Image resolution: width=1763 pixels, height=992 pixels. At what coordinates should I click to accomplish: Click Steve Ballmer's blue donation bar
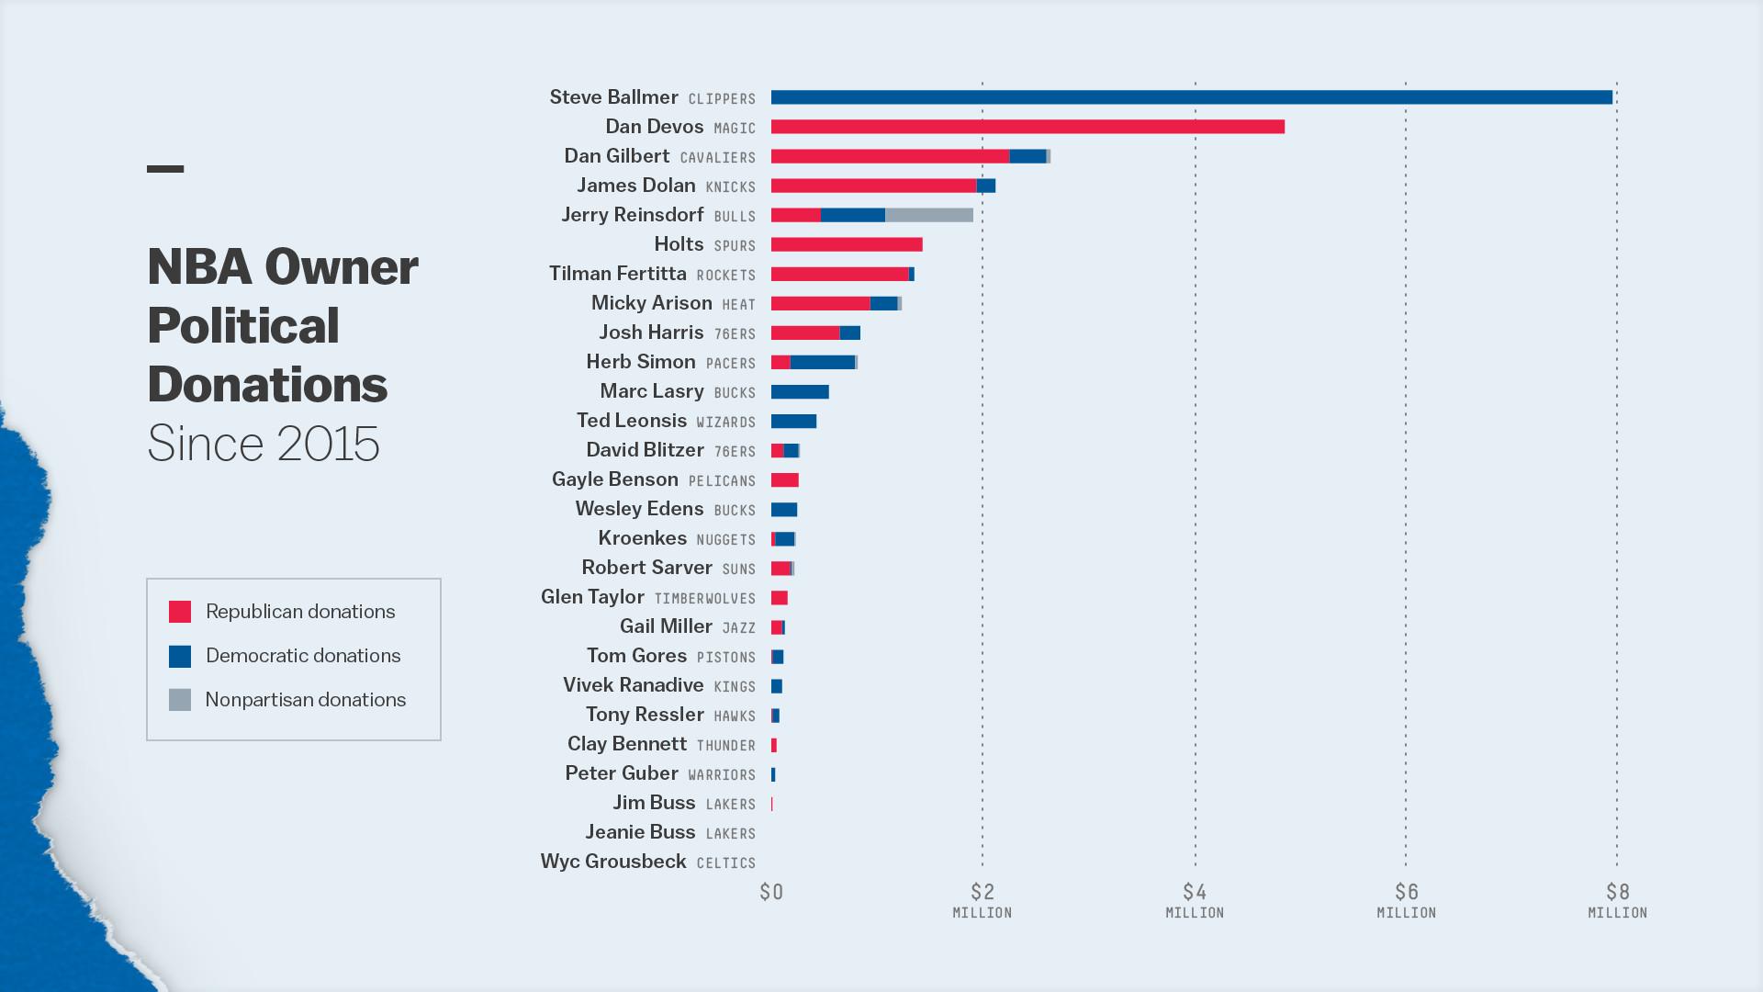[1191, 97]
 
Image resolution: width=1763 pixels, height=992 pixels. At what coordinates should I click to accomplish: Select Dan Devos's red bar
[1027, 127]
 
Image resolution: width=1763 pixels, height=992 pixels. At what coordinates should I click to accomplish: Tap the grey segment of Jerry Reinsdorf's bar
[928, 215]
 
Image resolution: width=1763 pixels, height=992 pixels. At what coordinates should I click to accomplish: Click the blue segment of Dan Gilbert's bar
[1027, 156]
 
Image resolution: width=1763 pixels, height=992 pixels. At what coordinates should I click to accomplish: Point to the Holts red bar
[847, 244]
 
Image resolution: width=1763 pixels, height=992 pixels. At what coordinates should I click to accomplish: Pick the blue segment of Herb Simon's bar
[822, 362]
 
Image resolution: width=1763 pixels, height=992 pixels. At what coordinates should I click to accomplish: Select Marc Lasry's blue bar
[800, 392]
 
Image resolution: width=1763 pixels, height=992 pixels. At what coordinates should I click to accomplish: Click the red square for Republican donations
[180, 612]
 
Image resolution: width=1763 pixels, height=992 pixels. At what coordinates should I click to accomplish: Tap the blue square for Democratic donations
[180, 656]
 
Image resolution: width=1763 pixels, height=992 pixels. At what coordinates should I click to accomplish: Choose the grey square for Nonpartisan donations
[180, 700]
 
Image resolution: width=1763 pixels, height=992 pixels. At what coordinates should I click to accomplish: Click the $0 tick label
[771, 892]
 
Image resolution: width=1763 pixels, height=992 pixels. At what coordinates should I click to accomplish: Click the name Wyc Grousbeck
[613, 862]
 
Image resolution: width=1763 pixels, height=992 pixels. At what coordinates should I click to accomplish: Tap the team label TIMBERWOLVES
[704, 599]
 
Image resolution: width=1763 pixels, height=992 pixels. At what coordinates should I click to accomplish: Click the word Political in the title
[243, 326]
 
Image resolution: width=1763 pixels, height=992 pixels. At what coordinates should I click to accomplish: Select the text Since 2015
[264, 444]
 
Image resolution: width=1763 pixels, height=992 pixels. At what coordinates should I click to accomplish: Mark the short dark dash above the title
[165, 169]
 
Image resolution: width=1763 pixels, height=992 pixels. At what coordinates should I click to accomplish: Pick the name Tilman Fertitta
[618, 274]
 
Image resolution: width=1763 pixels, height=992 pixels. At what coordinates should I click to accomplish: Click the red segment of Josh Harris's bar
[805, 333]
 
